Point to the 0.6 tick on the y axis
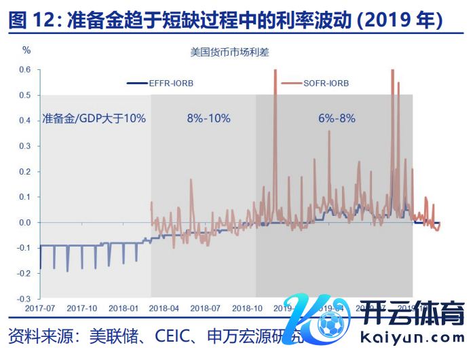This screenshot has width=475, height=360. coord(25,70)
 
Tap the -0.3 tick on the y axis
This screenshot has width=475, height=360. coord(24,299)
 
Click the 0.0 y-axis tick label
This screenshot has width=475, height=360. coord(25,223)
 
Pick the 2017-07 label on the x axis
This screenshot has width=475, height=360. coord(40,308)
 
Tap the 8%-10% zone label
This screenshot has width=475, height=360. coord(208,118)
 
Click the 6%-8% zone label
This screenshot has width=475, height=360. coord(337,118)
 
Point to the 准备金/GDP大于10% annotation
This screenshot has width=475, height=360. coord(94,118)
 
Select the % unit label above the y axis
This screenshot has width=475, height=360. coord(26,50)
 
